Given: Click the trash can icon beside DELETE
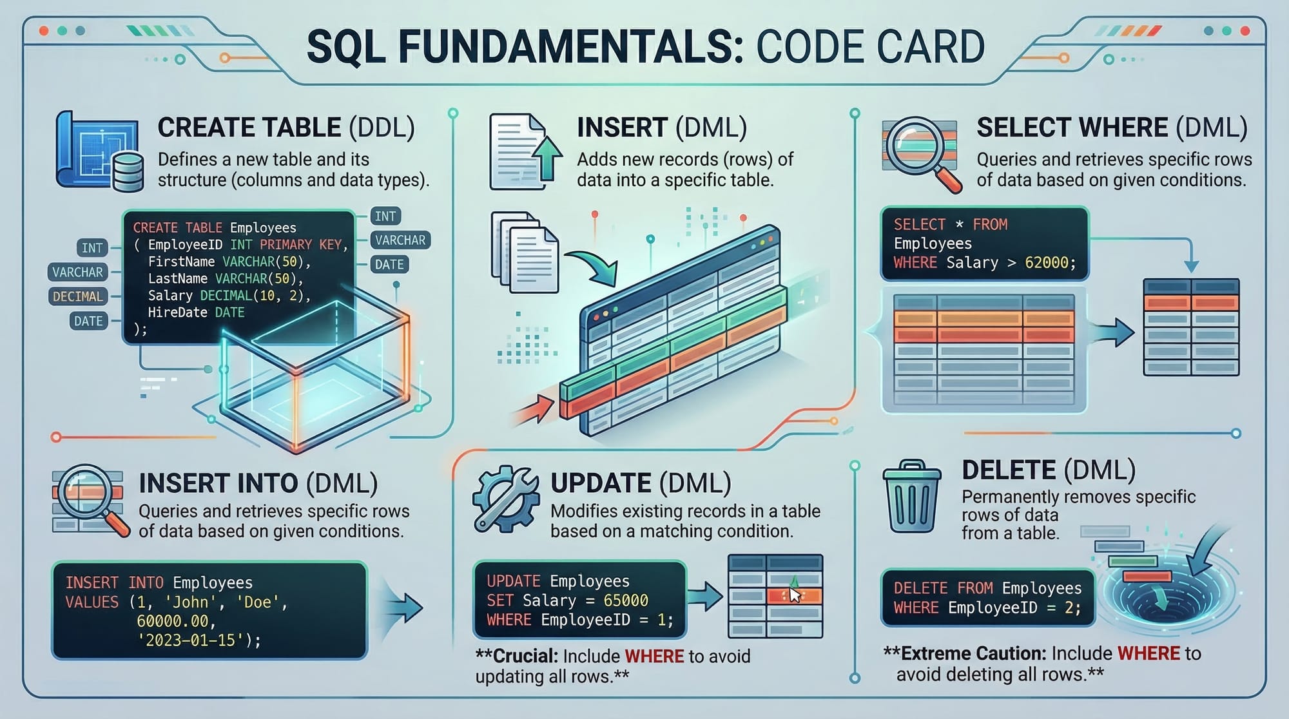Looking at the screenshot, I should click(x=911, y=497).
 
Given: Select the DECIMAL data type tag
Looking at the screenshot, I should click(x=78, y=296).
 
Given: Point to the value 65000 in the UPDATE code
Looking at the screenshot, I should click(x=625, y=600).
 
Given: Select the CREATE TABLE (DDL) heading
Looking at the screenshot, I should click(x=286, y=128).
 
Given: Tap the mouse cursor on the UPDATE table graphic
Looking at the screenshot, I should click(x=795, y=594).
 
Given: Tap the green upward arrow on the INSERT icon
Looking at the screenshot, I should click(x=547, y=158).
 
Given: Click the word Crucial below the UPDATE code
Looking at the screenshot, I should click(x=525, y=657).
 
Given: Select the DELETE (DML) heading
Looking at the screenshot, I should click(x=1048, y=470).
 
